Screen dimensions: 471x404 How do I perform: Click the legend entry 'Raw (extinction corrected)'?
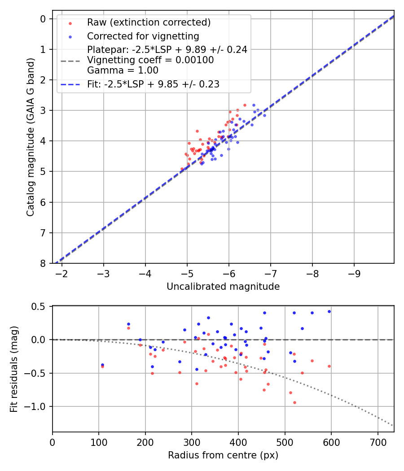coord(149,22)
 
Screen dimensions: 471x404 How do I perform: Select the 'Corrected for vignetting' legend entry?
coord(143,36)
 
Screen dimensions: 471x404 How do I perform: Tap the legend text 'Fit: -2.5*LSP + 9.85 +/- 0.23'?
coord(153,84)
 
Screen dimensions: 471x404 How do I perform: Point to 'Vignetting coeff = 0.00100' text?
coord(150,60)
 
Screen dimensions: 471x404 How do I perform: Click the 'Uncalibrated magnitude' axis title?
coord(223,287)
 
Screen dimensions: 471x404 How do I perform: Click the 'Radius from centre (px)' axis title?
coord(223,455)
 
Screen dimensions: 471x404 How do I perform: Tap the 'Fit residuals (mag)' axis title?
coord(14,369)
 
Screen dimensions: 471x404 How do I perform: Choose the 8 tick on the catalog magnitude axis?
coord(43,263)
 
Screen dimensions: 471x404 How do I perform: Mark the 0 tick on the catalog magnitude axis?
coord(43,19)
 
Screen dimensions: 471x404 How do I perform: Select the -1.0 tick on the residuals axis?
coord(38,406)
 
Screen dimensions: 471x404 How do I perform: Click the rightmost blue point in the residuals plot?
coord(329,311)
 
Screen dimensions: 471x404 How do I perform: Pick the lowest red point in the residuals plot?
coord(294,402)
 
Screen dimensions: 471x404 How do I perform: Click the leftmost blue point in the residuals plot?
coord(102,365)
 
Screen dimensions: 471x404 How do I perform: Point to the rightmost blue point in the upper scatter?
coord(264,115)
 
